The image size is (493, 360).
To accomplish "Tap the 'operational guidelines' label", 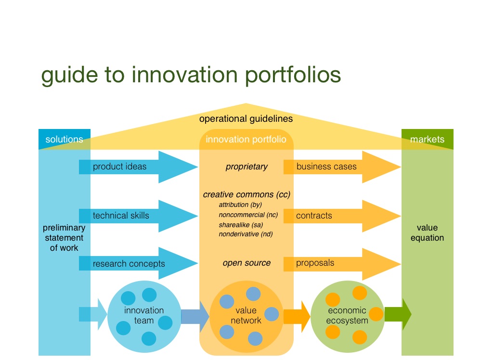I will point(246,118).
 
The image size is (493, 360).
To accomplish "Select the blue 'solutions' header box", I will point(64,140).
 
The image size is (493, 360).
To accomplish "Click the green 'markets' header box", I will point(427,140).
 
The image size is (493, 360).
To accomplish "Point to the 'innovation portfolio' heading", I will point(246,140).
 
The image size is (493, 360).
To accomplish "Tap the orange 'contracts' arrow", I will point(337,216).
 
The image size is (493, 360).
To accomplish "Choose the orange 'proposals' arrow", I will point(337,263).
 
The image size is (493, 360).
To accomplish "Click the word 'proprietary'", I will point(246,167).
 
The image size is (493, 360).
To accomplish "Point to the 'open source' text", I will point(246,263).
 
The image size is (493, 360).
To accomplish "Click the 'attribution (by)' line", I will point(240,205).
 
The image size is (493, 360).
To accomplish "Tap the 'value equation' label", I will point(427,232).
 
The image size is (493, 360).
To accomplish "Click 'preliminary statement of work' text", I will point(64,238).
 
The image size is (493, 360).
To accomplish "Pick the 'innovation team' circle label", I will point(144,315).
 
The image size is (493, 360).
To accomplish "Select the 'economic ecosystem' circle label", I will point(347,315).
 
